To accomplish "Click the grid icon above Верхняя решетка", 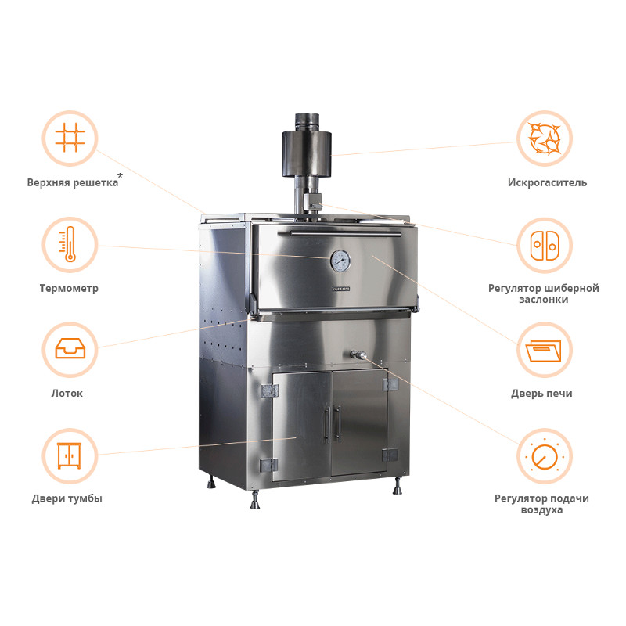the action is pyautogui.click(x=70, y=138).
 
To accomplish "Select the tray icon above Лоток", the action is pyautogui.click(x=70, y=348).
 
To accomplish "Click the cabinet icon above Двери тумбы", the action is pyautogui.click(x=70, y=455).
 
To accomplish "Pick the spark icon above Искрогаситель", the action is pyautogui.click(x=545, y=139).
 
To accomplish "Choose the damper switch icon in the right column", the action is pyautogui.click(x=545, y=245).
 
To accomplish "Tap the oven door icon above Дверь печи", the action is pyautogui.click(x=544, y=351).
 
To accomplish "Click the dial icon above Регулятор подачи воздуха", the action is pyautogui.click(x=544, y=456).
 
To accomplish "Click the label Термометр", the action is pyautogui.click(x=69, y=288).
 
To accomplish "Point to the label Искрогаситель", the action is pyautogui.click(x=547, y=183).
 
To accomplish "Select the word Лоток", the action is pyautogui.click(x=67, y=394).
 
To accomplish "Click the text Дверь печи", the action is pyautogui.click(x=541, y=394).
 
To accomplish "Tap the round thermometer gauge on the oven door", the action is pyautogui.click(x=340, y=261).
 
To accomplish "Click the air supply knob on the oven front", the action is pyautogui.click(x=358, y=354).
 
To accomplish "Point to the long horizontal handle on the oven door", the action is pyautogui.click(x=345, y=233).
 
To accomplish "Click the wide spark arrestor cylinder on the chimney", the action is pyautogui.click(x=307, y=154).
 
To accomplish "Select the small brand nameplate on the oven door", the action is pyautogui.click(x=341, y=289).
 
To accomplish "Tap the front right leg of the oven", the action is pyautogui.click(x=398, y=486).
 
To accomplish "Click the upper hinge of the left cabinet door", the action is pyautogui.click(x=269, y=391).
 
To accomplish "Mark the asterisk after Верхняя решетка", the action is pyautogui.click(x=121, y=175).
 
